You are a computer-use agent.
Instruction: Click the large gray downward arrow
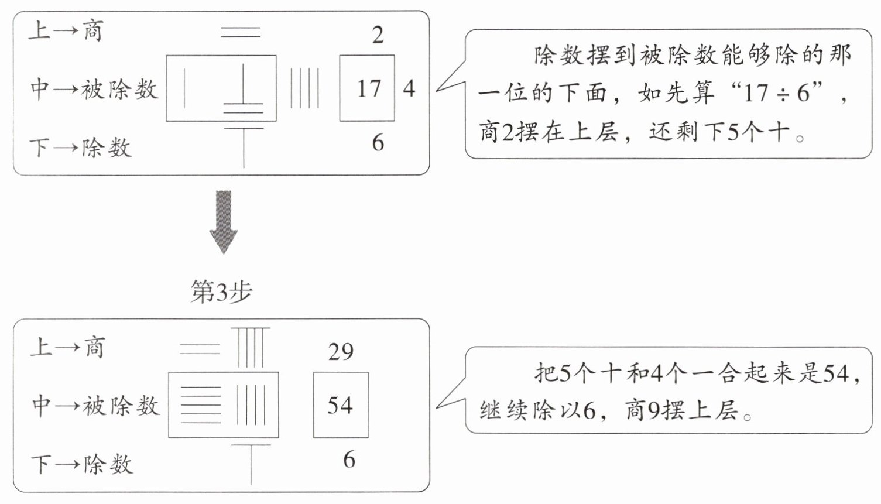pyautogui.click(x=224, y=222)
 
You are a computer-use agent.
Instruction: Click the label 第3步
pyautogui.click(x=221, y=292)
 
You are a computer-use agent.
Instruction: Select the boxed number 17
pyautogui.click(x=369, y=88)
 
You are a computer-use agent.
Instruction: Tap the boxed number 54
pyautogui.click(x=340, y=405)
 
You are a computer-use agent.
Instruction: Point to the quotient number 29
pyautogui.click(x=341, y=351)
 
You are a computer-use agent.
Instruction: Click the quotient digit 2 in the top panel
pyautogui.click(x=378, y=35)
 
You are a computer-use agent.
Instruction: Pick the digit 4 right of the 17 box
pyautogui.click(x=409, y=88)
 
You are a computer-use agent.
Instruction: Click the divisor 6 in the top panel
pyautogui.click(x=378, y=142)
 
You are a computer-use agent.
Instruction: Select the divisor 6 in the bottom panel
pyautogui.click(x=349, y=459)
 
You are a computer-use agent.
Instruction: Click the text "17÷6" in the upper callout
pyautogui.click(x=772, y=93)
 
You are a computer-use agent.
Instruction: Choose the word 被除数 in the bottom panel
pyautogui.click(x=121, y=406)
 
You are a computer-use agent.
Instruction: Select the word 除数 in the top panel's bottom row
pyautogui.click(x=107, y=148)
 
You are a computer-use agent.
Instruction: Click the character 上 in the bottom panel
pyautogui.click(x=42, y=347)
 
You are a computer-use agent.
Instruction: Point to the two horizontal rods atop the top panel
pyautogui.click(x=241, y=32)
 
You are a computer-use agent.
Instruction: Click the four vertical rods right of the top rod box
pyautogui.click(x=304, y=88)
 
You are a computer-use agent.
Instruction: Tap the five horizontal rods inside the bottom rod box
pyautogui.click(x=201, y=405)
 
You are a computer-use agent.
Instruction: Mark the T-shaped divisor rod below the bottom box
pyautogui.click(x=251, y=464)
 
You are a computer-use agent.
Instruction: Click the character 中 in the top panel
pyautogui.click(x=40, y=90)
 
